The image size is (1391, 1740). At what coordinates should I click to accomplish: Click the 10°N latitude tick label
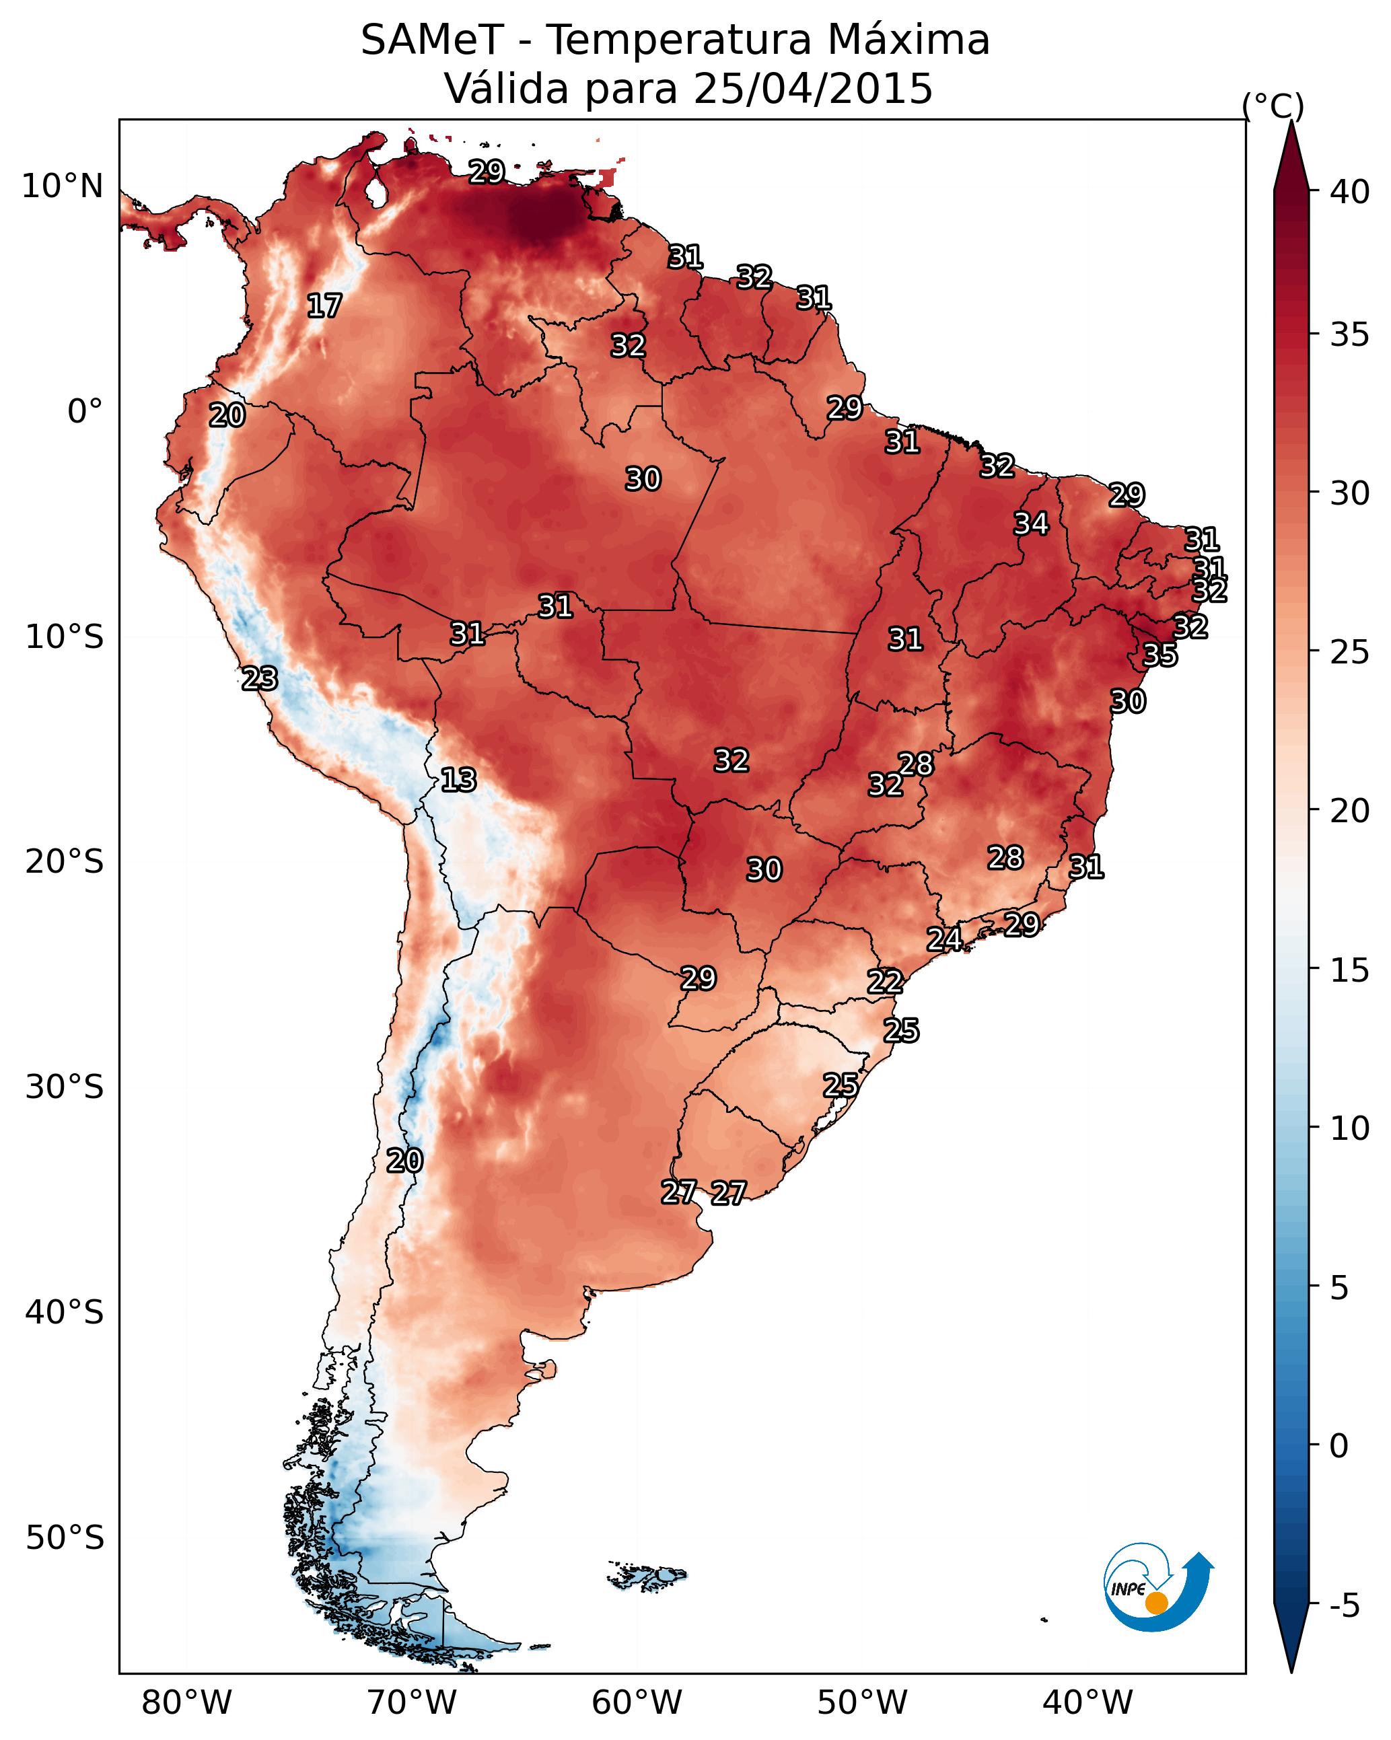point(62,186)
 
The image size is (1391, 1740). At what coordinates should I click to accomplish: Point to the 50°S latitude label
point(65,1538)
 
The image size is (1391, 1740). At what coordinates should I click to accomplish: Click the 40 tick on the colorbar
point(1350,192)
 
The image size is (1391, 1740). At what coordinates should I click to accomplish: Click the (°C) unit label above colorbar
point(1273,106)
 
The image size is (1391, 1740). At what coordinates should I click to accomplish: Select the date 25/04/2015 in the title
point(813,89)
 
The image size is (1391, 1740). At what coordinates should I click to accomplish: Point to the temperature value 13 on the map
point(458,780)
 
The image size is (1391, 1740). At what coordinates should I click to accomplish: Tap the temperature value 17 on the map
point(324,306)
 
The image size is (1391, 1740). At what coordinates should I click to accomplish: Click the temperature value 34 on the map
point(1031,523)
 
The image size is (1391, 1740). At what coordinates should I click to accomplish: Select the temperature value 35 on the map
point(1160,655)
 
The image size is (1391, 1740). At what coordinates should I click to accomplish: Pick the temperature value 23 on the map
point(260,679)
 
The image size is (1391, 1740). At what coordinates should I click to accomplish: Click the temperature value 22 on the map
point(885,982)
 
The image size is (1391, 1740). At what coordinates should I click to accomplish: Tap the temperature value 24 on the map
point(943,939)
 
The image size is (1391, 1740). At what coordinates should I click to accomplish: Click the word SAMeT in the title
point(432,40)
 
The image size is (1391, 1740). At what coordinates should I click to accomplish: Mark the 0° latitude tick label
point(85,412)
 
